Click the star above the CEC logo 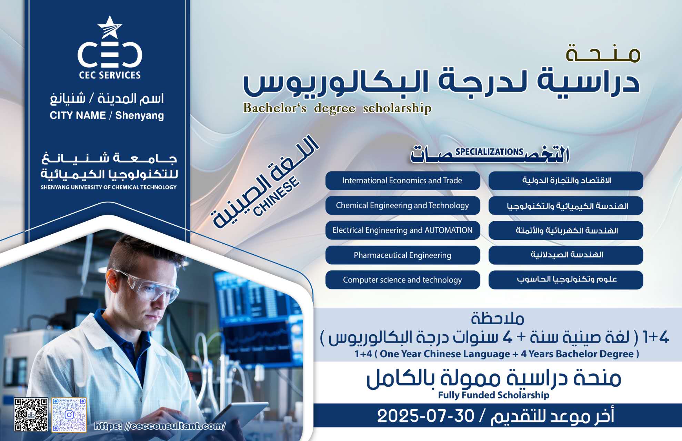tap(110, 27)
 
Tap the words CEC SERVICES tap(110, 75)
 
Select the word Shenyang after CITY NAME tap(140, 115)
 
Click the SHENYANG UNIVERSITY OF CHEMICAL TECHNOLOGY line tap(109, 187)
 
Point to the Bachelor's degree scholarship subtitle tap(337, 108)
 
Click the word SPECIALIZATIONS tap(489, 152)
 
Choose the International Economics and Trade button tap(403, 181)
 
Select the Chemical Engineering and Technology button tap(403, 205)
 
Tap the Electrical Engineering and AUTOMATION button tap(403, 230)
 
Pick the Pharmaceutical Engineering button tap(403, 255)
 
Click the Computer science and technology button tap(403, 280)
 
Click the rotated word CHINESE tap(276, 196)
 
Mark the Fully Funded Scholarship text tap(493, 395)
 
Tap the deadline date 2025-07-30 tap(426, 416)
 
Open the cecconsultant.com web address tap(160, 426)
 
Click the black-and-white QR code tap(31, 414)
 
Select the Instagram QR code tap(69, 415)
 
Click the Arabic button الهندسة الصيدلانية tap(566, 255)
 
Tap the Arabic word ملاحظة tap(498, 318)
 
